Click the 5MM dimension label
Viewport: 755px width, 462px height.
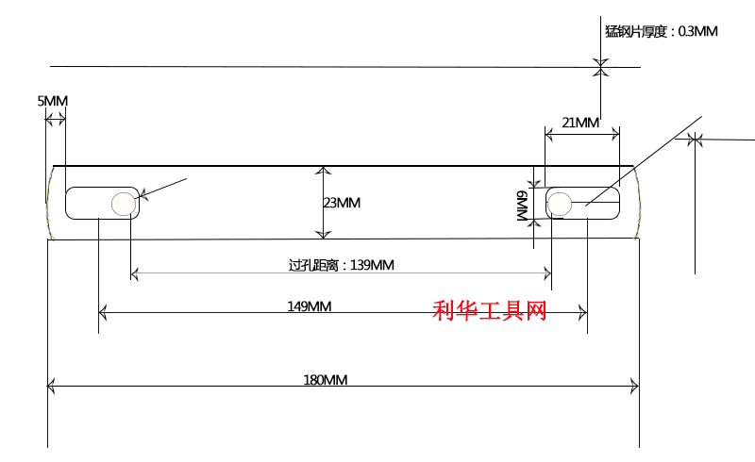pyautogui.click(x=53, y=101)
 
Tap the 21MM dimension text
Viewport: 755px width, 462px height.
pyautogui.click(x=580, y=123)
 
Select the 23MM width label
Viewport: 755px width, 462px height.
pyautogui.click(x=342, y=203)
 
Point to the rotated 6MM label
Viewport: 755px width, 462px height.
pyautogui.click(x=523, y=206)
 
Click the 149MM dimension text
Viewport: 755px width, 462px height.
pyautogui.click(x=310, y=306)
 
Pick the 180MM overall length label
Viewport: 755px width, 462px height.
pyautogui.click(x=325, y=380)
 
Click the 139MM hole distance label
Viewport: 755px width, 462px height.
pyautogui.click(x=342, y=265)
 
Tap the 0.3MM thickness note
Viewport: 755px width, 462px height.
pyautogui.click(x=662, y=32)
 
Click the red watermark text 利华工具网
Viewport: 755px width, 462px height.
pyautogui.click(x=490, y=310)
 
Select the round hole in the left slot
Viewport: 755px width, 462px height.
pyautogui.click(x=124, y=204)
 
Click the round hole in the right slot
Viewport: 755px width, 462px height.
pyautogui.click(x=560, y=204)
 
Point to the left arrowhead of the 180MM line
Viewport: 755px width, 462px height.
pyautogui.click(x=51, y=386)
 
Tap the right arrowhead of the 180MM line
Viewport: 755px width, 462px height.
pyautogui.click(x=635, y=386)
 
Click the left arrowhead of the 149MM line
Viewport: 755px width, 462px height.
pyautogui.click(x=102, y=313)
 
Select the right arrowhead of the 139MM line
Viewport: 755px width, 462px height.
pyautogui.click(x=547, y=273)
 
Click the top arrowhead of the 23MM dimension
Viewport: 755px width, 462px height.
pyautogui.click(x=323, y=170)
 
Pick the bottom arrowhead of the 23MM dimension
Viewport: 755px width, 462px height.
pyautogui.click(x=323, y=235)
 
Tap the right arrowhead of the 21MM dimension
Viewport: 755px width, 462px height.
pyautogui.click(x=616, y=135)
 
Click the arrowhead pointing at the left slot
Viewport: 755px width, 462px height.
pyautogui.click(x=143, y=194)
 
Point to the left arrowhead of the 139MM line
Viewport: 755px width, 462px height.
pyautogui.click(x=135, y=273)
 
